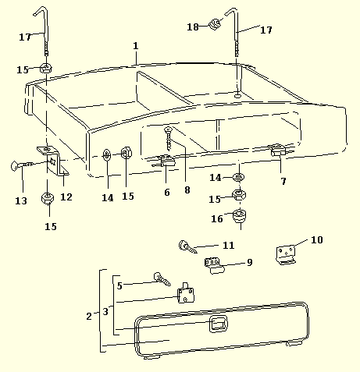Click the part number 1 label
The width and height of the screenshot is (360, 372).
[136, 46]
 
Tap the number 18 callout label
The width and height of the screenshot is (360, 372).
[193, 27]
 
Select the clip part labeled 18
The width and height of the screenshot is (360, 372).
[215, 24]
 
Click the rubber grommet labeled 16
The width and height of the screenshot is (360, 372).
[239, 216]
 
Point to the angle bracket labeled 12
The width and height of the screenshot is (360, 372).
[53, 161]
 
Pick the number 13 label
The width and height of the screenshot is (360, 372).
[21, 200]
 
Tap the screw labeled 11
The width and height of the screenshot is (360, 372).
[187, 246]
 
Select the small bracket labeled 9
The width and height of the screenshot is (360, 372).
[214, 265]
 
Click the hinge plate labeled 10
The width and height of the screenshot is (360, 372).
[286, 255]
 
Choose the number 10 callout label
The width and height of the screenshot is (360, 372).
[317, 239]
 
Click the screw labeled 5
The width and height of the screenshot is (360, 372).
[162, 279]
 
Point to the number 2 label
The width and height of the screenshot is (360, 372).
[89, 317]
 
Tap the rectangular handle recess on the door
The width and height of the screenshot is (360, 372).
[219, 324]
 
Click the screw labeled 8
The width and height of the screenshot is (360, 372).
[169, 139]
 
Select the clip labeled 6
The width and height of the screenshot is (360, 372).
[165, 161]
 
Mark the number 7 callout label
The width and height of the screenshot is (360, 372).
[283, 181]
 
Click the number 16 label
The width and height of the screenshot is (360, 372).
[217, 218]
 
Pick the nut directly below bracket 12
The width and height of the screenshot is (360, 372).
[48, 198]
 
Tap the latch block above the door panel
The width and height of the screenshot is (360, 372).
[186, 293]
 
